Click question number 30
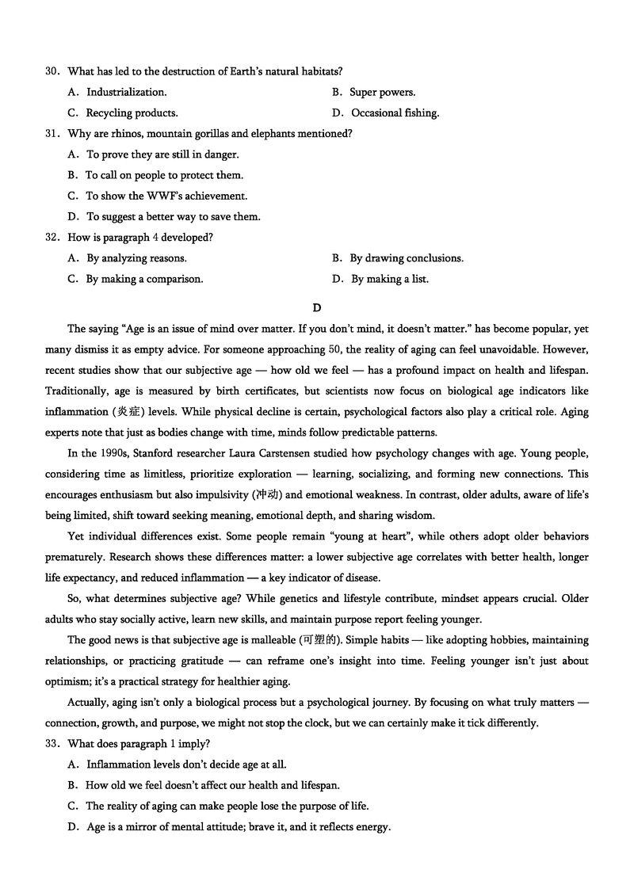[52, 72]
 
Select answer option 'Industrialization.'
[126, 93]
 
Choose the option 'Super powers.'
[382, 93]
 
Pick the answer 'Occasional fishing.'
[394, 113]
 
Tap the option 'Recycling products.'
[132, 113]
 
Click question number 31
[52, 134]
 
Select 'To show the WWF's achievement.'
[166, 196]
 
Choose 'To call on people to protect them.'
[164, 175]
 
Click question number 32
[52, 237]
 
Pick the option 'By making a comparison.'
[144, 279]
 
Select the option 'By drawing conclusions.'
[406, 258]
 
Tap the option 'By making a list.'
[389, 279]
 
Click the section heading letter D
[317, 307]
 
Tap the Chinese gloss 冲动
[266, 495]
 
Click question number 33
[52, 744]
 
